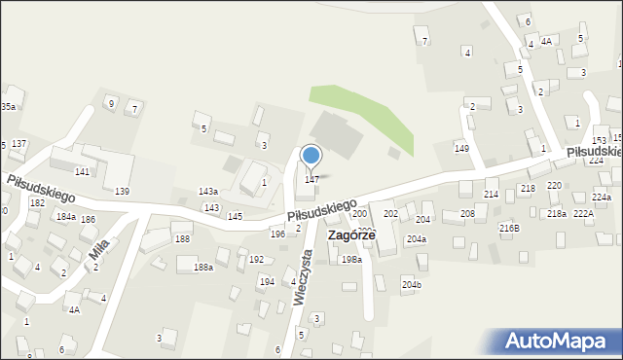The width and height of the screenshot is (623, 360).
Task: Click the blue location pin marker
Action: coord(311,156)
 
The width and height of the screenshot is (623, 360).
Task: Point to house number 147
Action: coord(311,179)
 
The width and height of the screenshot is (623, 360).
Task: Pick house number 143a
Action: coord(208,192)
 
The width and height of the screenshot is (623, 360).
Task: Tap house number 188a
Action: coord(203,267)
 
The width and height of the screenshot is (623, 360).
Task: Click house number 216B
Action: coord(509,228)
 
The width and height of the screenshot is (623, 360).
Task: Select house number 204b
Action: coord(412,284)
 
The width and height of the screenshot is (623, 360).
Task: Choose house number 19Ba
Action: coord(351,259)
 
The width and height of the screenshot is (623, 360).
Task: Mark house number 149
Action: coord(461,147)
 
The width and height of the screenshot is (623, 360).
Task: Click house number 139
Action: coord(122,191)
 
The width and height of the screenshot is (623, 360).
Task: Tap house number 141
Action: coord(82,171)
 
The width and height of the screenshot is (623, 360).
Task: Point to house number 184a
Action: coord(66,216)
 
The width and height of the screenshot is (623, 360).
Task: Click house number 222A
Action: coord(583,213)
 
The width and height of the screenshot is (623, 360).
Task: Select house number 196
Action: coord(277,234)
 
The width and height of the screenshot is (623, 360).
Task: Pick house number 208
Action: coord(467,213)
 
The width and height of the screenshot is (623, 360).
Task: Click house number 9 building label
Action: coord(111,103)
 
